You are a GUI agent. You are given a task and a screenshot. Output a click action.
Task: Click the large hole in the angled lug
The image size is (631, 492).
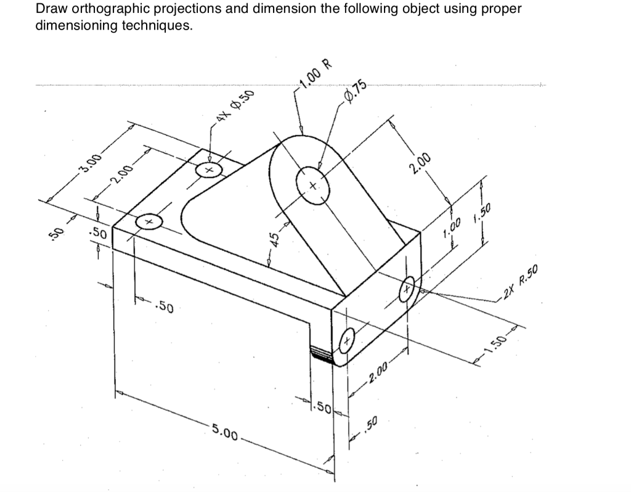pyautogui.click(x=312, y=184)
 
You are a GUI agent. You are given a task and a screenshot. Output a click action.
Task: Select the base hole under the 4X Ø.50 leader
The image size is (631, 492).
pyautogui.click(x=208, y=170)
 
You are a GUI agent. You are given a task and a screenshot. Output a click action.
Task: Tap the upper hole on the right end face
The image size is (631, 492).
pyautogui.click(x=409, y=288)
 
